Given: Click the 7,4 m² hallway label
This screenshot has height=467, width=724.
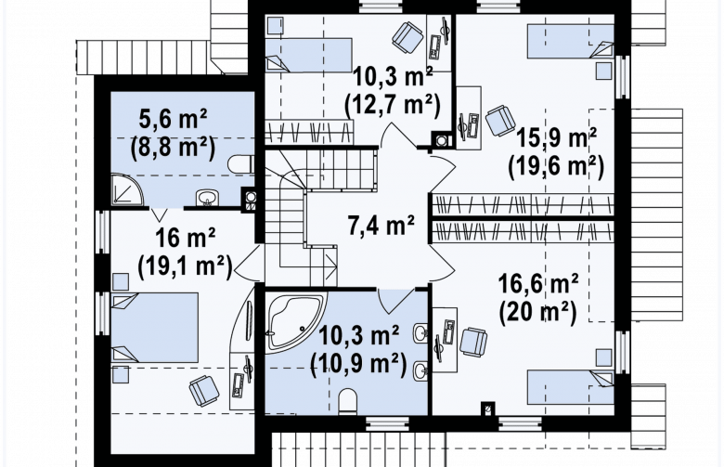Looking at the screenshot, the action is (x=381, y=227).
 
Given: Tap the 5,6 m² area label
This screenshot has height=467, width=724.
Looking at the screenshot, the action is (x=173, y=120).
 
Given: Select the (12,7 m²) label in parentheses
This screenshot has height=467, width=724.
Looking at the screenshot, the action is (x=392, y=106).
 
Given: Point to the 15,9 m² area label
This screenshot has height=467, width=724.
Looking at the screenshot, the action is (x=556, y=136).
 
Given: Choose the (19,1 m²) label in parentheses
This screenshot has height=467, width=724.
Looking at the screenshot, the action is (x=185, y=267).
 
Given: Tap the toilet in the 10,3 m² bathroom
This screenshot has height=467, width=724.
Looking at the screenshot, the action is (x=348, y=401).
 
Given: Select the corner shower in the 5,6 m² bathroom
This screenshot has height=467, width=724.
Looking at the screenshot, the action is (x=126, y=189).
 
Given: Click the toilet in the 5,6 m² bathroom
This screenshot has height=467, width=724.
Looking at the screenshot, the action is (x=240, y=163).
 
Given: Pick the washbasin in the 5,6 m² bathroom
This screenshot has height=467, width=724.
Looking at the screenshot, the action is (x=208, y=197).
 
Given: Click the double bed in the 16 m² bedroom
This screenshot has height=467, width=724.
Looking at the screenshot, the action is (x=155, y=328).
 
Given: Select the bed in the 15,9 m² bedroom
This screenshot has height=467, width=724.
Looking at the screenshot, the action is (x=570, y=42).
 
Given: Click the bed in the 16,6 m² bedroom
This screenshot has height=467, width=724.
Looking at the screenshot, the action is (x=570, y=386).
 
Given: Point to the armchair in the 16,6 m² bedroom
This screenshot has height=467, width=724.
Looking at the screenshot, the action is (x=473, y=343).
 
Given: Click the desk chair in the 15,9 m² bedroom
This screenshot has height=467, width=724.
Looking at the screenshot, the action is (x=500, y=121).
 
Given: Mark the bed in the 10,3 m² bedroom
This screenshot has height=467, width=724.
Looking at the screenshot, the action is (x=309, y=56).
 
